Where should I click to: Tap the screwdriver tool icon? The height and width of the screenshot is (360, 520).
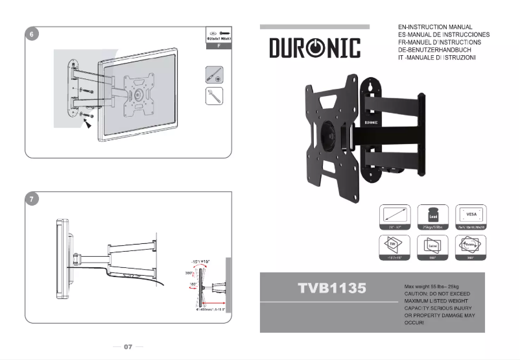(215, 74)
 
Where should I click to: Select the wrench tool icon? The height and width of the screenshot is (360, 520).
(215, 97)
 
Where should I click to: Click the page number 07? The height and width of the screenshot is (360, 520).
(128, 346)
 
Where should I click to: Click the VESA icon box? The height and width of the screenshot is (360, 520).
(471, 214)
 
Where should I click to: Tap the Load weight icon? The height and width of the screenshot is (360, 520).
(431, 214)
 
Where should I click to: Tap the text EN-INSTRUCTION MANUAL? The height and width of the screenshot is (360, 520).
(435, 27)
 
